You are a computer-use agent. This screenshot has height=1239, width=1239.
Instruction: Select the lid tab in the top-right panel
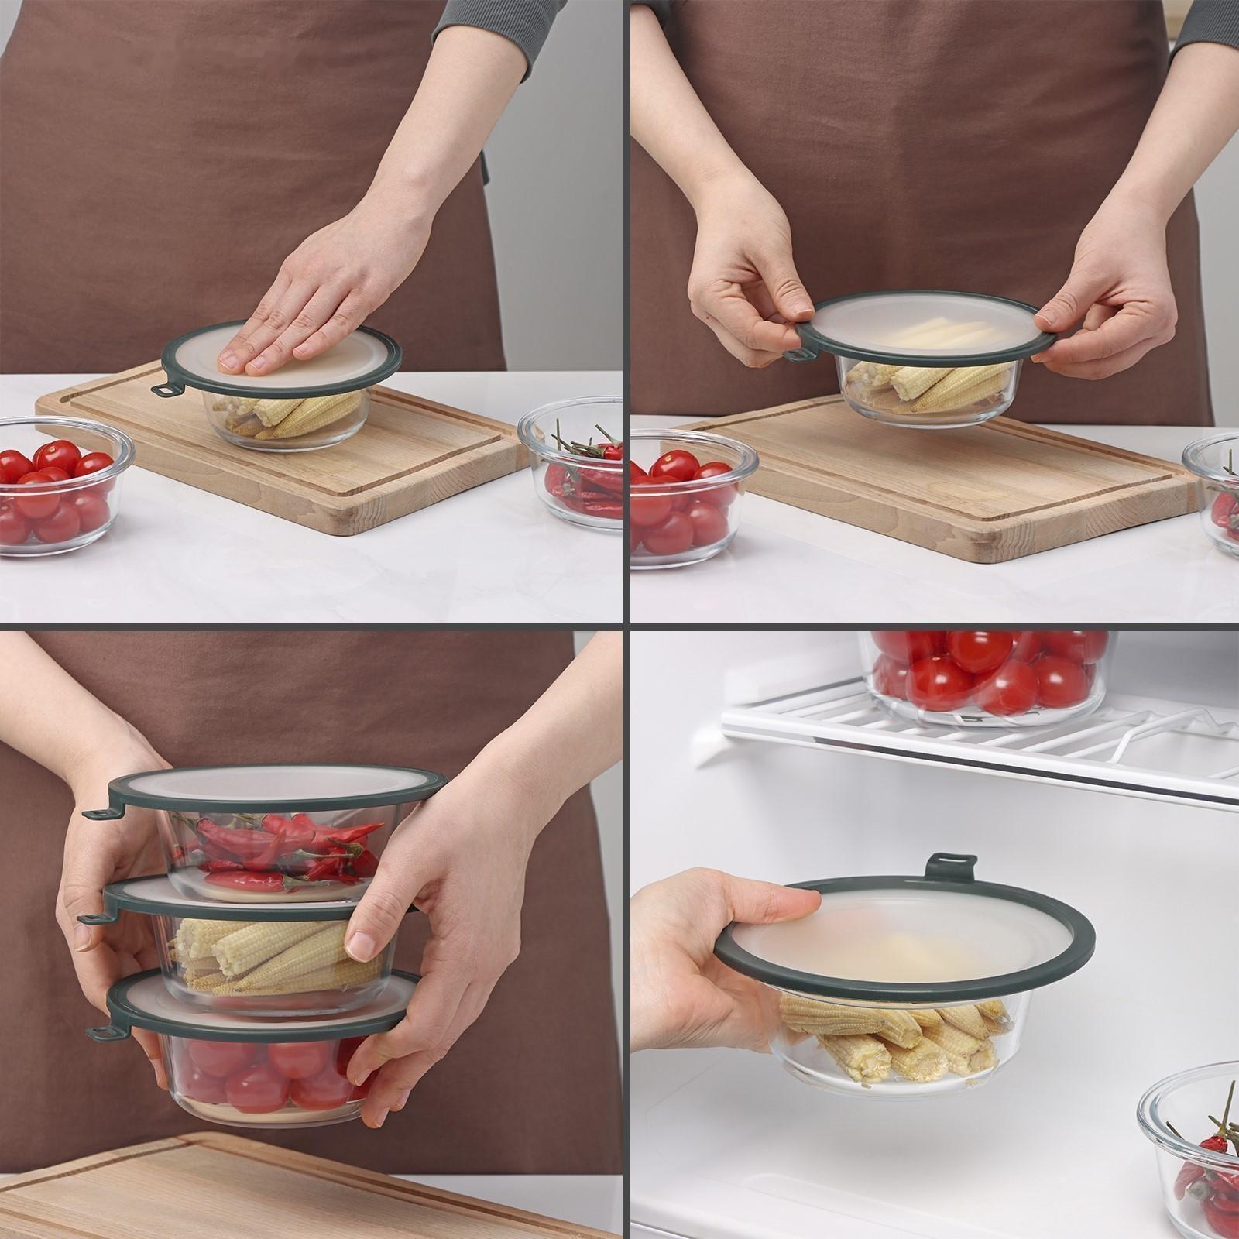pos(797,356)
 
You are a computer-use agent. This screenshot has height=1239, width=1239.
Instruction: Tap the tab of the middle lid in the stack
pos(92,918)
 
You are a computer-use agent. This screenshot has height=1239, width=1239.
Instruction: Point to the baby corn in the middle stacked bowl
pos(271,960)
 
